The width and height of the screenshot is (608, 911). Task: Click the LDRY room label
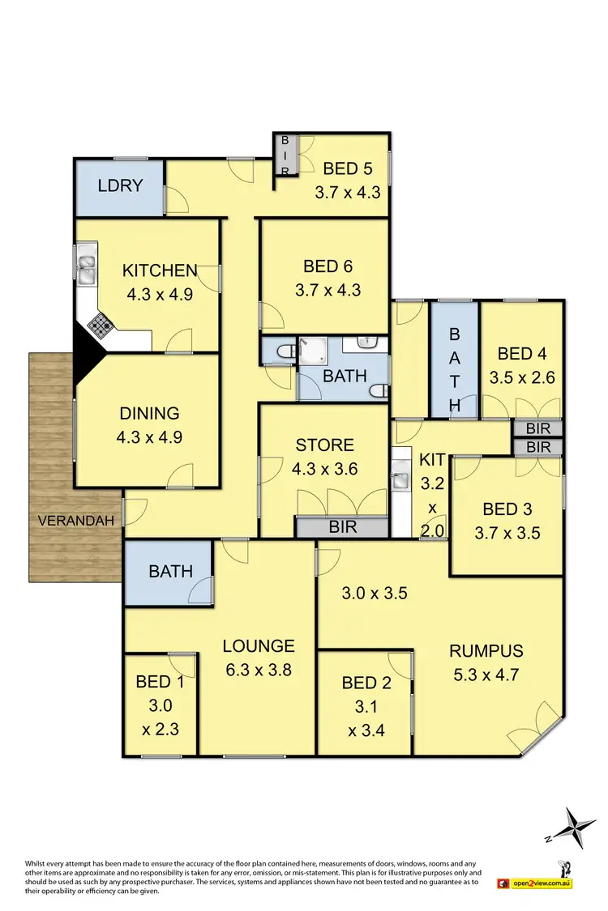[120, 185]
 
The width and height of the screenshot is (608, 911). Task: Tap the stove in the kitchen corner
[101, 326]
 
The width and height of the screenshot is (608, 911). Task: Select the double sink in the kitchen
[87, 268]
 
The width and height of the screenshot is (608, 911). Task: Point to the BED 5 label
[347, 169]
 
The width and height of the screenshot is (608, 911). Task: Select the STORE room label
[324, 445]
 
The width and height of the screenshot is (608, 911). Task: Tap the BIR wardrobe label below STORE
[341, 526]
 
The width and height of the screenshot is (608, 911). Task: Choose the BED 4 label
[521, 354]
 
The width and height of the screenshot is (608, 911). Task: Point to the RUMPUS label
[487, 650]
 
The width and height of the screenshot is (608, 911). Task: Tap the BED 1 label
[160, 682]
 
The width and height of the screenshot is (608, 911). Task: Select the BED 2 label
[366, 683]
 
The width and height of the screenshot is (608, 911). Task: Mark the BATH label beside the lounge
[170, 571]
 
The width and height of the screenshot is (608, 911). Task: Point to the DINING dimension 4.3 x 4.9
[149, 436]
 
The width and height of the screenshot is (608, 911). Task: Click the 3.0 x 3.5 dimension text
[373, 593]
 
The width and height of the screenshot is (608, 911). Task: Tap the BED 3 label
[507, 509]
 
